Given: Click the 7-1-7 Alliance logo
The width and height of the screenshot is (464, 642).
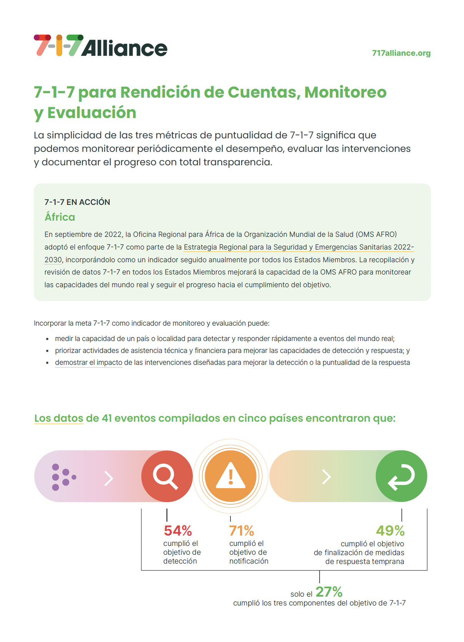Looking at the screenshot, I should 101,46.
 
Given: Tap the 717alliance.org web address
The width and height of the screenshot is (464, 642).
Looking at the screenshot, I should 401,53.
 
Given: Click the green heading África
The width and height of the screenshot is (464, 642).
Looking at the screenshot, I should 60,217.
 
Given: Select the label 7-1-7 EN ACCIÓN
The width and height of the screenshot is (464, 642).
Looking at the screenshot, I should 77,202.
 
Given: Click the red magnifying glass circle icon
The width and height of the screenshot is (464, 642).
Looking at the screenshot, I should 167,476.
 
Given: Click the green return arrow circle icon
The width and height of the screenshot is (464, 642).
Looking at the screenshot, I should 401,476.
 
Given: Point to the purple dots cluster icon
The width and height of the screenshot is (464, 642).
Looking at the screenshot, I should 63,477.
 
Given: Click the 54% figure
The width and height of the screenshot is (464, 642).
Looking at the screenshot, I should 178,531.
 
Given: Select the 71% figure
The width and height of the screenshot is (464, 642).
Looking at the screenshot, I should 242,531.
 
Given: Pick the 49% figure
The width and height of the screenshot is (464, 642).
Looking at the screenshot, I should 390,531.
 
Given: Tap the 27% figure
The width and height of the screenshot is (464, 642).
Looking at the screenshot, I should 329,592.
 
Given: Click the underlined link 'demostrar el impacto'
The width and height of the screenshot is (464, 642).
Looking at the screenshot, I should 89,363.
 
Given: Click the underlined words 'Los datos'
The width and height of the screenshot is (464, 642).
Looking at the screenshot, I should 59,418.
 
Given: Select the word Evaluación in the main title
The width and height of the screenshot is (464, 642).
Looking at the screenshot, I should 92,113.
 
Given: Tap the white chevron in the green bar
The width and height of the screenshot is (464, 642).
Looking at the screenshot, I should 326,477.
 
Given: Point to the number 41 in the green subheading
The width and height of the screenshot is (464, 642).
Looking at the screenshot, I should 107,418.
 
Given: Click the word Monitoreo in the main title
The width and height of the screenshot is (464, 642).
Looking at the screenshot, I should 345,92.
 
